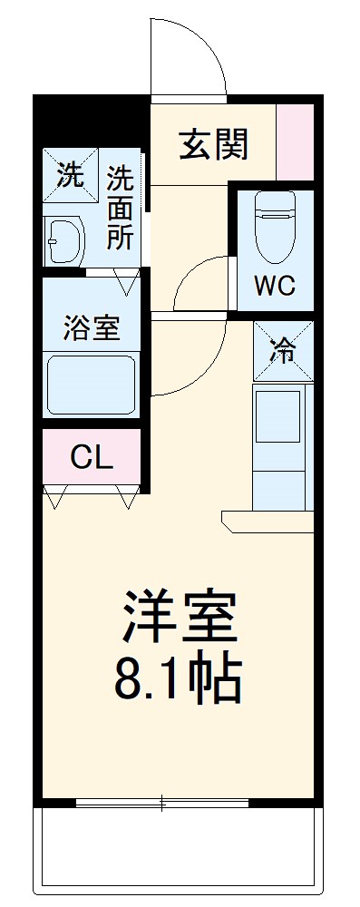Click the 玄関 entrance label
pos(213,145)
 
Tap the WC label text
pos(274,286)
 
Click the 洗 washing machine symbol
pos(70,173)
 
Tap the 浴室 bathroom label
pos(91,327)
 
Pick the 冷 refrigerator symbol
pos(283,350)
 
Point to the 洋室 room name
pos(180,617)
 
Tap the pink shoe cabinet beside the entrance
pos(294,142)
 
